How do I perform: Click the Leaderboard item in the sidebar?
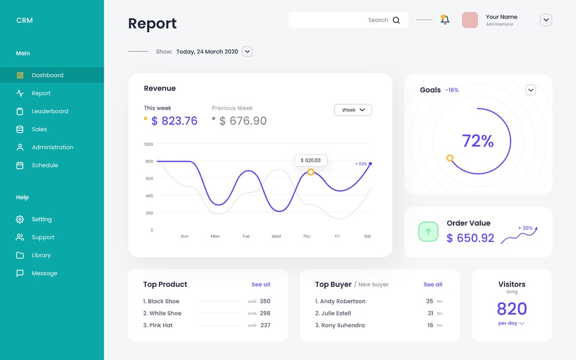pyautogui.click(x=50, y=111)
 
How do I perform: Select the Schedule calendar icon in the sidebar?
pyautogui.click(x=20, y=165)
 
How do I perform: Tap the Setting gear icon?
pyautogui.click(x=20, y=219)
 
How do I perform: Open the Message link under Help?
pyautogui.click(x=44, y=273)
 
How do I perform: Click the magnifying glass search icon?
pyautogui.click(x=396, y=20)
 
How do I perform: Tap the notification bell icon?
pyautogui.click(x=445, y=20)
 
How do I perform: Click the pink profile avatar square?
pyautogui.click(x=470, y=20)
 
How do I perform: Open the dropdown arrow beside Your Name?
pyautogui.click(x=545, y=20)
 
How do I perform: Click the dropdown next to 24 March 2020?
pyautogui.click(x=248, y=51)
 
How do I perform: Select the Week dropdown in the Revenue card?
pyautogui.click(x=353, y=110)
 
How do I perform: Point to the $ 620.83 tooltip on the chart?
pyautogui.click(x=310, y=160)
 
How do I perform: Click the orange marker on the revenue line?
pyautogui.click(x=310, y=172)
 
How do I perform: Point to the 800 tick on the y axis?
pyautogui.click(x=149, y=161)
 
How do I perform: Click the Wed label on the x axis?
pyautogui.click(x=276, y=236)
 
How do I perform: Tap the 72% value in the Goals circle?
pyautogui.click(x=477, y=141)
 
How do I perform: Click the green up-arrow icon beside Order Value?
pyautogui.click(x=428, y=232)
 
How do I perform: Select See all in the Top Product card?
pyautogui.click(x=260, y=284)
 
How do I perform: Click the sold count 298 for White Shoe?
pyautogui.click(x=265, y=313)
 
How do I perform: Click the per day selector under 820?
pyautogui.click(x=511, y=323)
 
